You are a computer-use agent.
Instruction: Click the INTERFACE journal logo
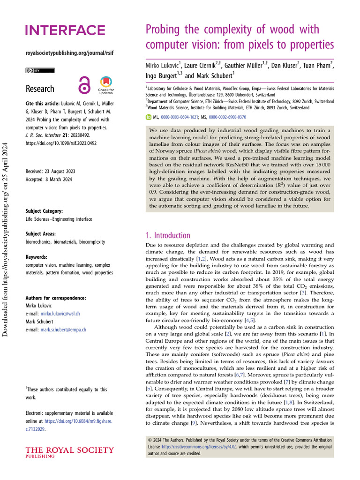click(65, 30)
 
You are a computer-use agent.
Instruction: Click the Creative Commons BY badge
click(40, 70)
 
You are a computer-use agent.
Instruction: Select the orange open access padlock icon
click(84, 86)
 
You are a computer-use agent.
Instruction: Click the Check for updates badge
click(106, 86)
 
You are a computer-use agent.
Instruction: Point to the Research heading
click(40, 89)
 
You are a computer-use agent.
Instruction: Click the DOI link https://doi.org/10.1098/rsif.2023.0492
click(61, 143)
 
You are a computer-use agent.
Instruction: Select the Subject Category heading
click(44, 211)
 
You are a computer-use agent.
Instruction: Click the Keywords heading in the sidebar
click(36, 257)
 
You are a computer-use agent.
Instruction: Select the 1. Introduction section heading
click(167, 235)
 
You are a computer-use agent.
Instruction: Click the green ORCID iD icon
click(150, 117)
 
